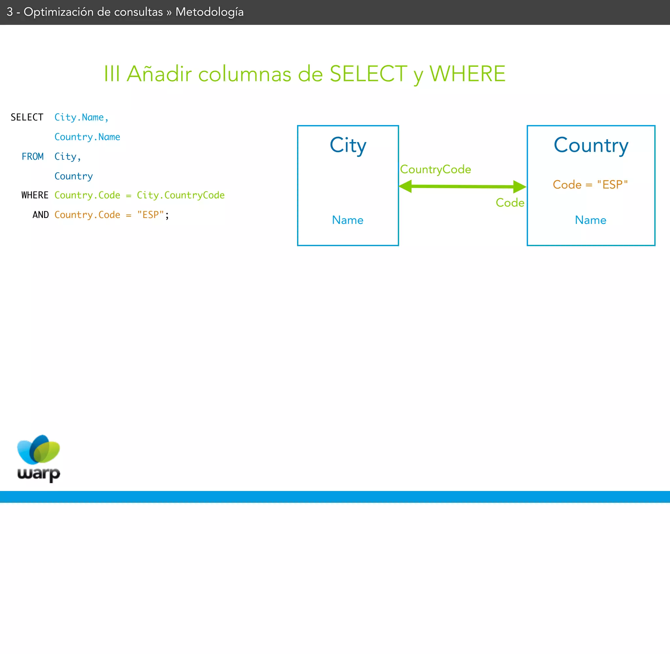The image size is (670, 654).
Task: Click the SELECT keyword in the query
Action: pos(27,117)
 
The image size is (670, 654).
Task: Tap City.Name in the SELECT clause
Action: pos(81,117)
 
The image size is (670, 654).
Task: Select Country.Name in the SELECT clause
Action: pos(87,137)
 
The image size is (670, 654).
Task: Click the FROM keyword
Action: pos(33,156)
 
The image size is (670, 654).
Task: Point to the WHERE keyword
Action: pos(35,195)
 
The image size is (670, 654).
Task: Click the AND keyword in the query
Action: pos(41,215)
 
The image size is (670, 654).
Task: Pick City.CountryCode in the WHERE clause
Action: pos(181,195)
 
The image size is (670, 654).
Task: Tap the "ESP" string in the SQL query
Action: pos(150,215)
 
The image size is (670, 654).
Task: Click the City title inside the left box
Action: pos(348,145)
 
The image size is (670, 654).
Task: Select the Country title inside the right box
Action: pos(591,145)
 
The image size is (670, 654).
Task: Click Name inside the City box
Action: pos(347,220)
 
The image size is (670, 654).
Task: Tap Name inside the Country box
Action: pos(591,220)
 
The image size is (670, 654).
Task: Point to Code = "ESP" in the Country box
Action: pos(590,185)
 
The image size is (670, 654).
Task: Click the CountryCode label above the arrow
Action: pos(435,169)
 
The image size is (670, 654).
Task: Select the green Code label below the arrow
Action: pos(510,203)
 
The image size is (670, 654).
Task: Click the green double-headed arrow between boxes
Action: pos(462,187)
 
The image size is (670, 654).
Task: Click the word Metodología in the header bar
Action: pos(209,12)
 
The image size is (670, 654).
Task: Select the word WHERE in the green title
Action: pos(467,74)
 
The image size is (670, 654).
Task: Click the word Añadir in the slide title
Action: pos(159,74)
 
